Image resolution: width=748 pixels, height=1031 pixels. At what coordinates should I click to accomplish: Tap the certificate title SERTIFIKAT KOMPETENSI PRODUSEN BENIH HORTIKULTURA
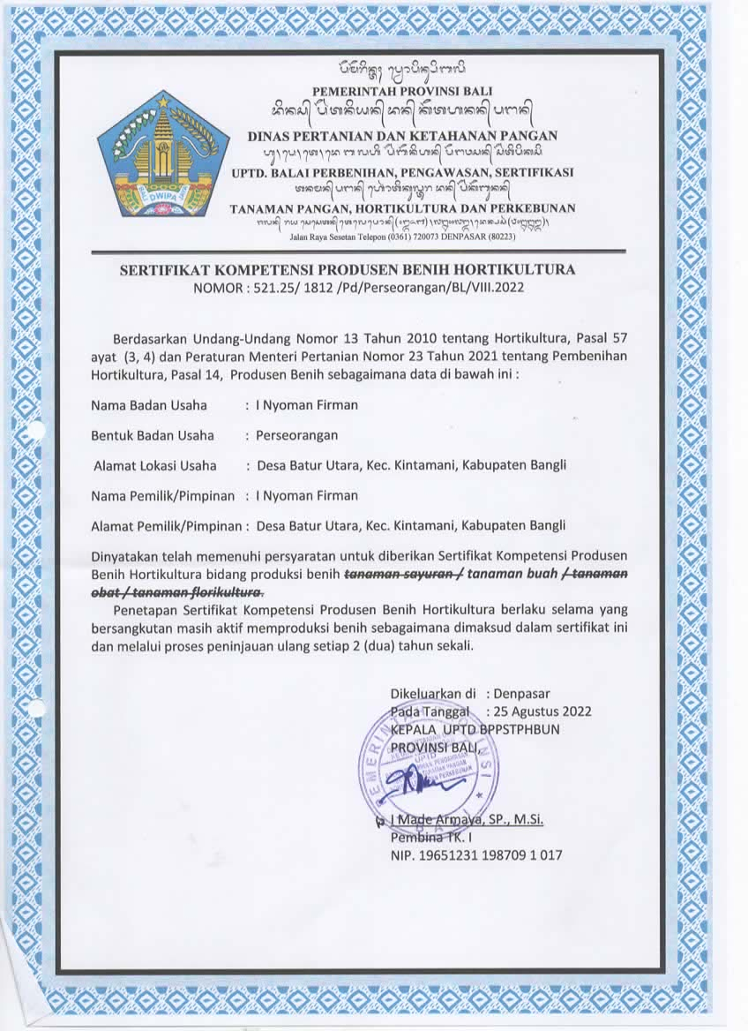pos(348,269)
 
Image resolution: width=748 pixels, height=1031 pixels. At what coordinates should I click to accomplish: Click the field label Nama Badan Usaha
pos(149,405)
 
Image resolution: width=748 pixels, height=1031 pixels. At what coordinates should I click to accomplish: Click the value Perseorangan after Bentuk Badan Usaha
pos(296,435)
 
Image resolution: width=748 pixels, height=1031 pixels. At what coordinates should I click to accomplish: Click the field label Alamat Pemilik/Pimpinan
pos(167,526)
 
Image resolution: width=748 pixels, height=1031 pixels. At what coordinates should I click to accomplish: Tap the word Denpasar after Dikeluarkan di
pos(522,693)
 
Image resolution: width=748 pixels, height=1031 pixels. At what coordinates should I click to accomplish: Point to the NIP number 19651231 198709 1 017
pos(476,854)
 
